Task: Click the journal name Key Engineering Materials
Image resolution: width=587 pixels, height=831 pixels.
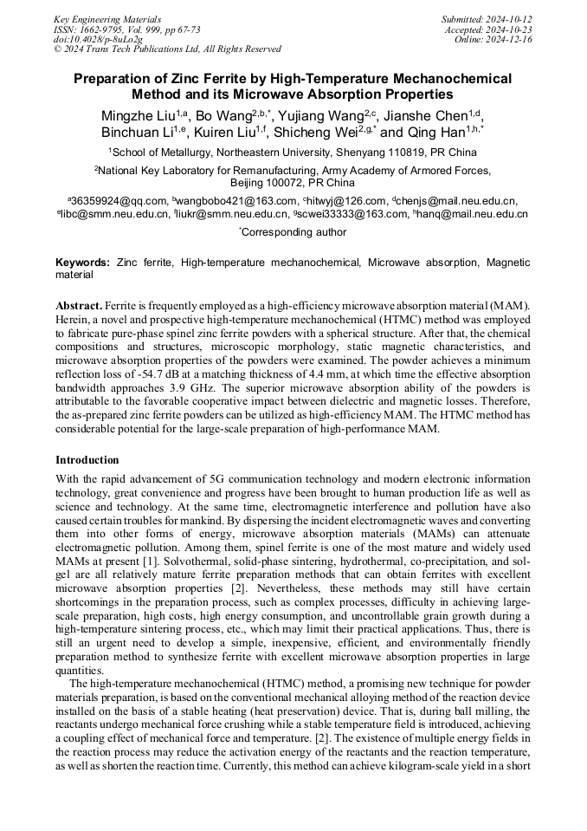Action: click(x=107, y=19)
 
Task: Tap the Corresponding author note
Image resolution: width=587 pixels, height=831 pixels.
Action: click(x=293, y=232)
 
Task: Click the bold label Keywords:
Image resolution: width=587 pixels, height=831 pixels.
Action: click(x=82, y=261)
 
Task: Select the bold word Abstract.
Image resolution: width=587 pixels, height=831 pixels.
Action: click(x=79, y=307)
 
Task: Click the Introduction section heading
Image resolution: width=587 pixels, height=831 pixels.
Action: click(x=87, y=460)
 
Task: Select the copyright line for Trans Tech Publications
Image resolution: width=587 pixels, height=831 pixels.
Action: click(x=167, y=50)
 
